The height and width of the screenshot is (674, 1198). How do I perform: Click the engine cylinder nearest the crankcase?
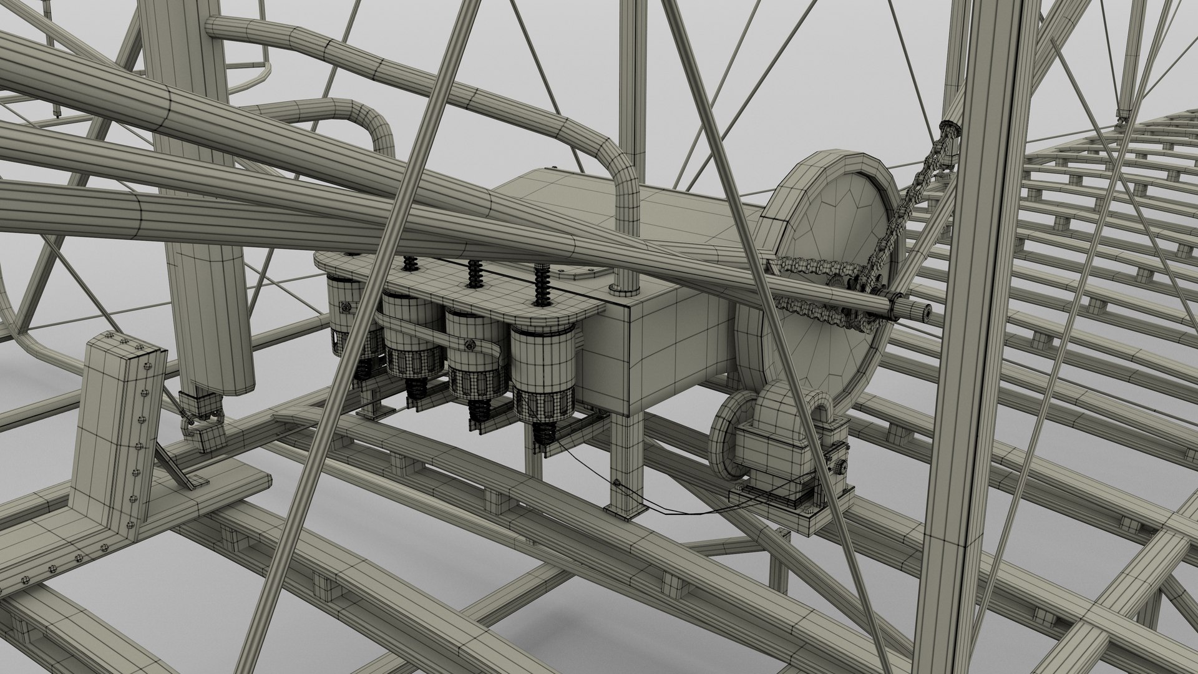pyautogui.click(x=542, y=374)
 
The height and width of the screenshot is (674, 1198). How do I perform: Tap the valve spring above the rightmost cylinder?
pyautogui.click(x=542, y=286)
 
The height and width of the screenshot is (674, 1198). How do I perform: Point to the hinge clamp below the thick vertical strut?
pyautogui.click(x=201, y=415)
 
